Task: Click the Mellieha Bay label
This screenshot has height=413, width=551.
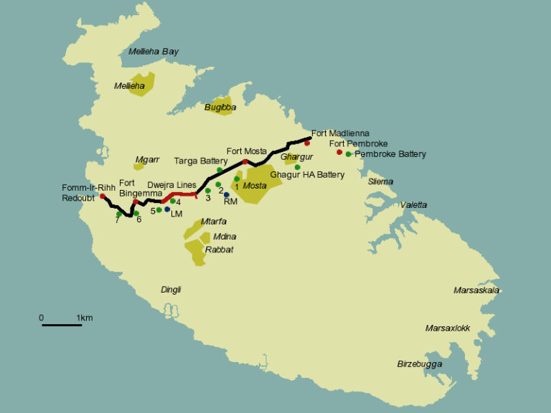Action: pos(153,52)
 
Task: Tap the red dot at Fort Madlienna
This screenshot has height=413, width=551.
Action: pos(307,143)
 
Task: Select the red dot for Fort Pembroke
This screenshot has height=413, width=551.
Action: pos(339,152)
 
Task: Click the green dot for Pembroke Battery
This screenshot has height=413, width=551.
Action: pos(348,154)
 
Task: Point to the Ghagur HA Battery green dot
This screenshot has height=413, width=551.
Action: pos(297,167)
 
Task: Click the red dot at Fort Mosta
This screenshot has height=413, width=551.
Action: pos(245,162)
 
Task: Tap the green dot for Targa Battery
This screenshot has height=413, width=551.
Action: pos(220,170)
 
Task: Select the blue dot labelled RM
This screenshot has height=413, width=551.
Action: pos(227,194)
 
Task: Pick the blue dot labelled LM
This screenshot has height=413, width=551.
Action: pos(167,209)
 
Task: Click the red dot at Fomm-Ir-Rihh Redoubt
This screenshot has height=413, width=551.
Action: pos(103,196)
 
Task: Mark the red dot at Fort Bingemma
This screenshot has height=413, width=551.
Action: pos(136,201)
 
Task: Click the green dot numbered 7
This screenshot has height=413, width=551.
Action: pos(118,214)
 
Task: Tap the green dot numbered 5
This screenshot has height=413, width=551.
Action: pos(159,210)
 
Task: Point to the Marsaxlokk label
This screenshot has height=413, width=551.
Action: pos(448,328)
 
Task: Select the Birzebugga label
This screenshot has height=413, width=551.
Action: pos(420,364)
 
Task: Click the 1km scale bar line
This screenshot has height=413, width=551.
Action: pos(62,326)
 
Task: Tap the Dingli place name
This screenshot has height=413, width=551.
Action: pos(171,290)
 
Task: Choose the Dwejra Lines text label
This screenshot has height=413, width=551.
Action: pos(172,184)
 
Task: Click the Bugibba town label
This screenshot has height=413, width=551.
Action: pos(220,107)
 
